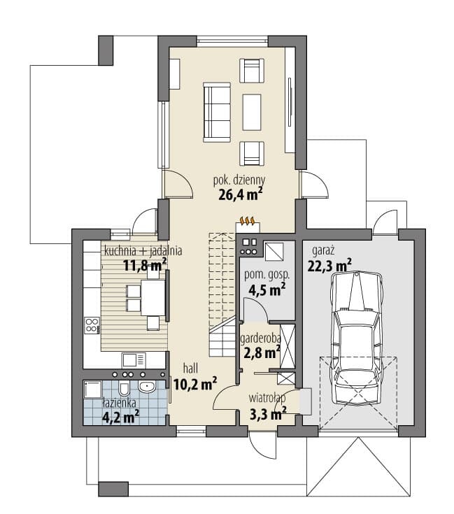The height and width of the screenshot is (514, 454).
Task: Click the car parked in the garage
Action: coord(356,338)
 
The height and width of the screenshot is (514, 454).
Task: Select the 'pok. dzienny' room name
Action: coord(239,180)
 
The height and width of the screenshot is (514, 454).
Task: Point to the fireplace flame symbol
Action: coord(248,221)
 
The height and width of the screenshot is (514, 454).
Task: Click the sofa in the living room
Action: coord(217,112)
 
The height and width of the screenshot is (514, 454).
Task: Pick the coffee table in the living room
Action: coord(252,113)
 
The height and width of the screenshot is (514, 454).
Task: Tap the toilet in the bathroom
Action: coord(124,388)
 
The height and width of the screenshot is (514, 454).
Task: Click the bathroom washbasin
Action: coord(146,387)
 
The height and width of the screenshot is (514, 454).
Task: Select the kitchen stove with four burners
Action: coord(92,325)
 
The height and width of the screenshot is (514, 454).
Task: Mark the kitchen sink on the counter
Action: coord(134,360)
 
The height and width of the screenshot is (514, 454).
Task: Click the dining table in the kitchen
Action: coord(152,297)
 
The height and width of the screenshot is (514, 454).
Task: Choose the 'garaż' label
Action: coord(323,251)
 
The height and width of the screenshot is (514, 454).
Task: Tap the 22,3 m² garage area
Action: coord(329,265)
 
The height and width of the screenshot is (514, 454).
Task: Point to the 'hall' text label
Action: coord(190,369)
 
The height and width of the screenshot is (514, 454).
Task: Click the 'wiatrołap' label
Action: coord(267,398)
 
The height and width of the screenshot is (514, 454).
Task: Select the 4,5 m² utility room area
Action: coord(267,290)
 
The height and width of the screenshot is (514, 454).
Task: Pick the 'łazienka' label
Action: coord(119,403)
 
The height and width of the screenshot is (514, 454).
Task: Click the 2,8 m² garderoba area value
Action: coord(262,352)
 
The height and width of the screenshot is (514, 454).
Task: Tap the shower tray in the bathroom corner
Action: coord(92,390)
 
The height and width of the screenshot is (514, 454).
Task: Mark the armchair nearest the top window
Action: coord(252,71)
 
